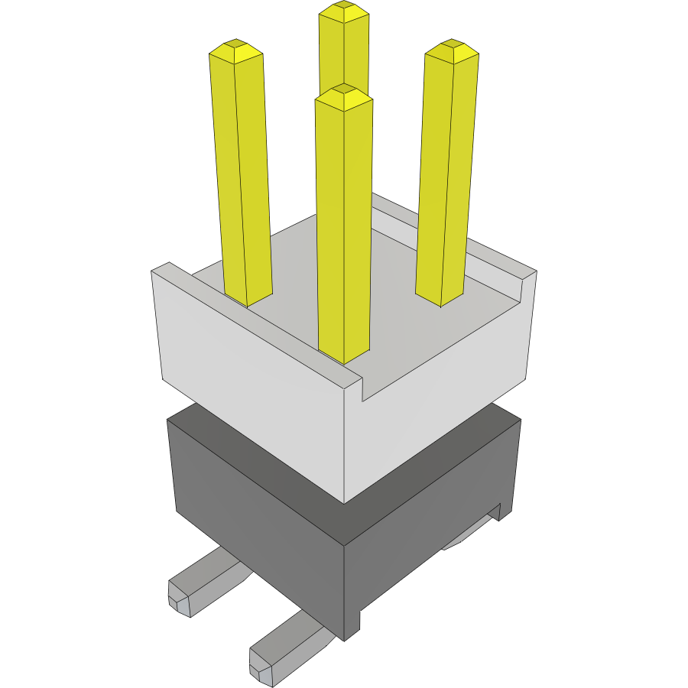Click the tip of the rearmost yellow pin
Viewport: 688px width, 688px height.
[343, 11]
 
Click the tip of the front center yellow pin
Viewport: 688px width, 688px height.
[344, 93]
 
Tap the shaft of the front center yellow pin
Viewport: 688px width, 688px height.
[344, 229]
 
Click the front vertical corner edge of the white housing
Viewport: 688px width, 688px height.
[345, 443]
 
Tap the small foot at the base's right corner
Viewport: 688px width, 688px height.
[504, 512]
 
